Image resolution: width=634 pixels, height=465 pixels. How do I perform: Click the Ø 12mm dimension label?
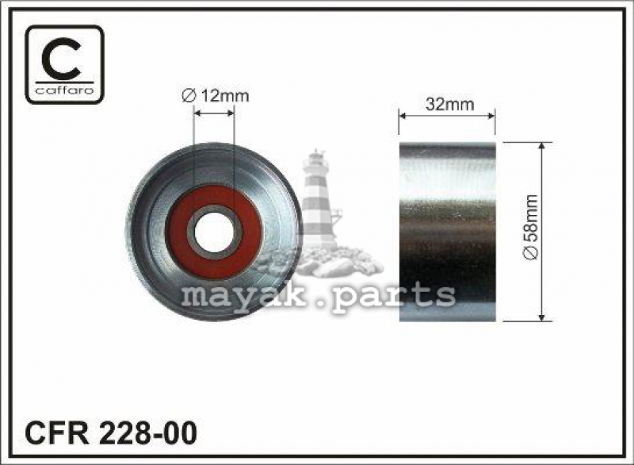pyautogui.click(x=215, y=96)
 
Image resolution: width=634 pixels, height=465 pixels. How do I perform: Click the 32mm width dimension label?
pyautogui.click(x=449, y=105)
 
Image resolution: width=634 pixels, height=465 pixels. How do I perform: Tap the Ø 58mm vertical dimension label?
pyautogui.click(x=531, y=227)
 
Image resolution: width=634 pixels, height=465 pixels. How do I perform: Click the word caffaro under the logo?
pyautogui.click(x=65, y=90)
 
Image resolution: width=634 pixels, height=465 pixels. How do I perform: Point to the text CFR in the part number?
pyautogui.click(x=56, y=433)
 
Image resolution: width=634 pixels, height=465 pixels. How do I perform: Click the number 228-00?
pyautogui.click(x=146, y=433)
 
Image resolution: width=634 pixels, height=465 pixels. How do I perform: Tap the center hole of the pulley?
pyautogui.click(x=214, y=232)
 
